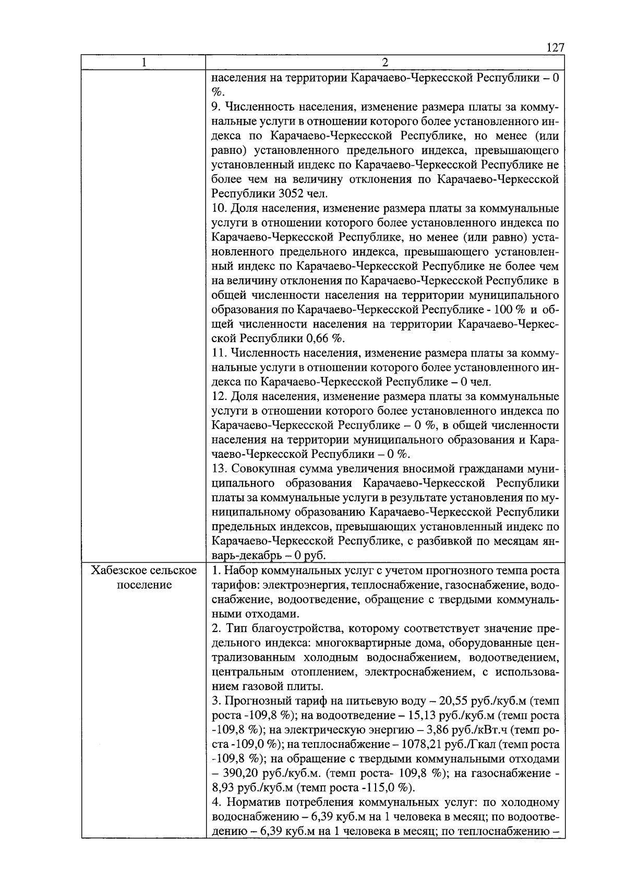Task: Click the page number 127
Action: pyautogui.click(x=555, y=48)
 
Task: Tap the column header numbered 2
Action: pyautogui.click(x=385, y=63)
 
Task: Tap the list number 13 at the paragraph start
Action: pyautogui.click(x=219, y=468)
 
